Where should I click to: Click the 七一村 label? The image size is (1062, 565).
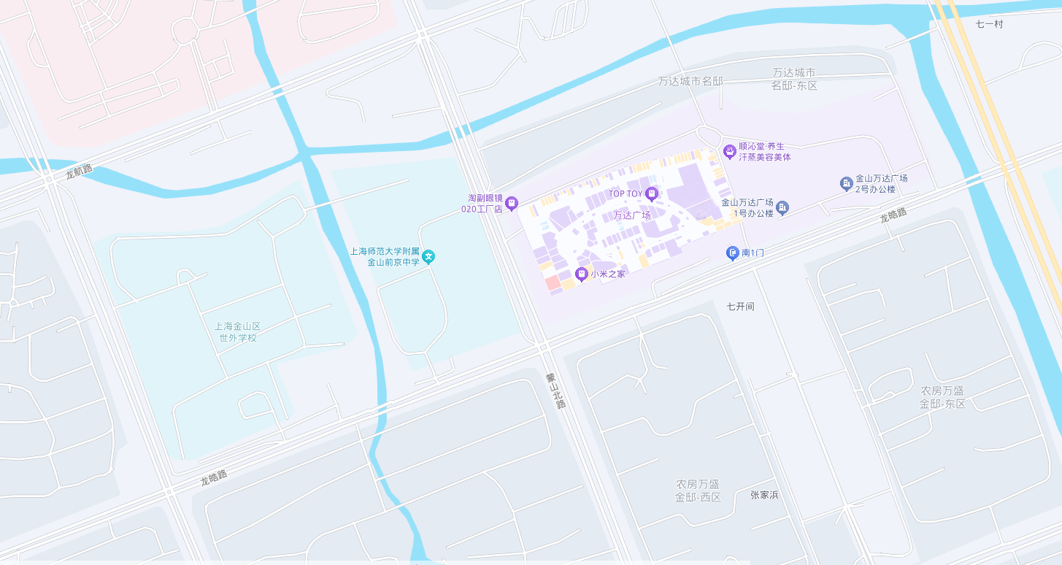pyautogui.click(x=990, y=24)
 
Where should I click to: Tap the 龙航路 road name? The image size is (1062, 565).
pyautogui.click(x=79, y=172)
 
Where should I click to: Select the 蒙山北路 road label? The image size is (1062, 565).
pyautogui.click(x=555, y=391)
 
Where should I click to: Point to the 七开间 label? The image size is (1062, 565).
pyautogui.click(x=740, y=307)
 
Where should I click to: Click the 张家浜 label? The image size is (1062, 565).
pyautogui.click(x=764, y=495)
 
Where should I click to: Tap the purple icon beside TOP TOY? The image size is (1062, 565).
pyautogui.click(x=652, y=193)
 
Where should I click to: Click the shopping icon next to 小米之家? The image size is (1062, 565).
pyautogui.click(x=582, y=274)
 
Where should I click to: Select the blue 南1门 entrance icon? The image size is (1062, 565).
pyautogui.click(x=733, y=253)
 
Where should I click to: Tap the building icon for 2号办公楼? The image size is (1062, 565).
pyautogui.click(x=846, y=183)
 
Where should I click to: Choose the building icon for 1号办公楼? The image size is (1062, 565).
pyautogui.click(x=782, y=208)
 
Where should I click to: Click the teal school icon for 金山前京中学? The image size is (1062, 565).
pyautogui.click(x=430, y=256)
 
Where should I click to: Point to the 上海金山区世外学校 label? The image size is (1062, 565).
pyautogui.click(x=238, y=332)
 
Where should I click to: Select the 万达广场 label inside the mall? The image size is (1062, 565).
pyautogui.click(x=631, y=215)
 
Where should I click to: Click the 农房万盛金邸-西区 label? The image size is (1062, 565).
pyautogui.click(x=698, y=491)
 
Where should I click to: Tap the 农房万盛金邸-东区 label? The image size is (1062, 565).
pyautogui.click(x=942, y=397)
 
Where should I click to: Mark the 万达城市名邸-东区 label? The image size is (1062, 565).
pyautogui.click(x=794, y=79)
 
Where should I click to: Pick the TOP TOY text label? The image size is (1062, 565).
pyautogui.click(x=626, y=194)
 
